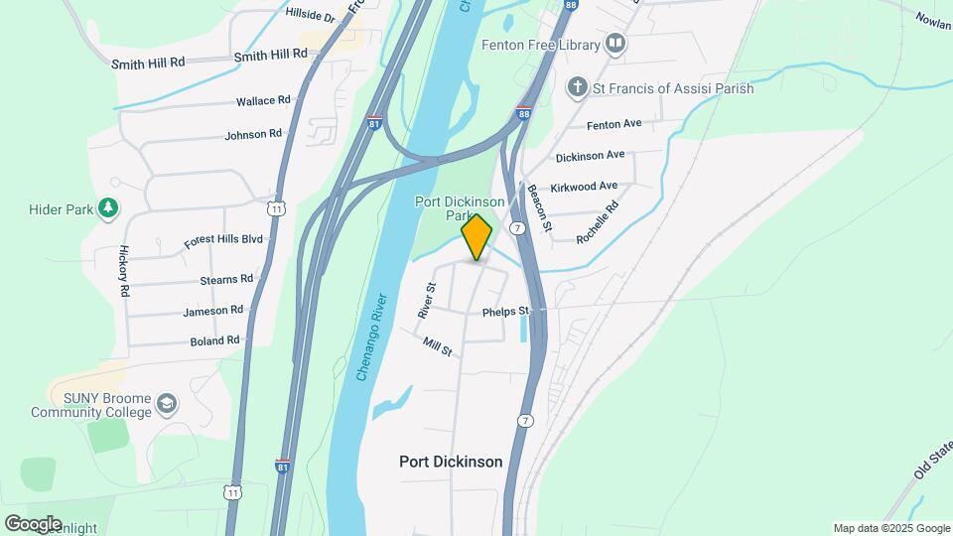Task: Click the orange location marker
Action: coord(476,237)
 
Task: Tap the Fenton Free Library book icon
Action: coord(616,45)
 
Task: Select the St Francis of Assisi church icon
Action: coord(577,88)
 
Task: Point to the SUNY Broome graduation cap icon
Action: coord(167,404)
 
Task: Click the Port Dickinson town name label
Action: coord(451,462)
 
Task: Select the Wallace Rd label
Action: coord(263,101)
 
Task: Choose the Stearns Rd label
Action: coord(226,280)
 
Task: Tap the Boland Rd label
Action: coord(214,340)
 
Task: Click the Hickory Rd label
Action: coord(125,271)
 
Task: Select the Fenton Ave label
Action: coord(614,124)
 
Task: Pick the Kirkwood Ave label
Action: coord(587,186)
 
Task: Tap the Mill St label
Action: coord(438,346)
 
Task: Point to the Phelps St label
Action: coord(506,312)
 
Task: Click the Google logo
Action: coord(33,523)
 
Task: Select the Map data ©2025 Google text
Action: coord(889,528)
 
